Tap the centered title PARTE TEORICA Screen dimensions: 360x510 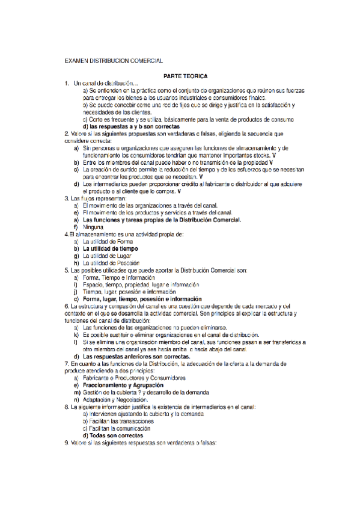(186, 76)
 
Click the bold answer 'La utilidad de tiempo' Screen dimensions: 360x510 (110, 248)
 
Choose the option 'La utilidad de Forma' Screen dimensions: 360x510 (108, 241)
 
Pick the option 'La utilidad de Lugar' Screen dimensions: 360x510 (108, 256)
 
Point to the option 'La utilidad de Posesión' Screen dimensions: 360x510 (111, 263)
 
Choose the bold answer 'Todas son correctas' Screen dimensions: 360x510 (114, 435)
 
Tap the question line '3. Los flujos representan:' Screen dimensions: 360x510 (96, 198)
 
